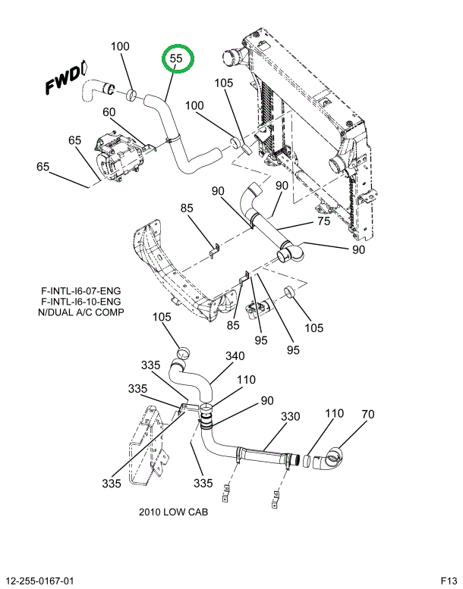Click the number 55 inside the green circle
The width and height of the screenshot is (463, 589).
pyautogui.click(x=177, y=58)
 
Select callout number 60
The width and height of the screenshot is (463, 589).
pyautogui.click(x=109, y=112)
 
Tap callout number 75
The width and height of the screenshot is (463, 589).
pyautogui.click(x=323, y=221)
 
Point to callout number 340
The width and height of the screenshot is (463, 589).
pyautogui.click(x=235, y=356)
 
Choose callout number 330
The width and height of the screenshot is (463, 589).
pyautogui.click(x=291, y=416)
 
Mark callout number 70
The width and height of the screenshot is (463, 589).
pyautogui.click(x=367, y=415)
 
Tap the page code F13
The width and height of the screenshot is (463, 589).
pyautogui.click(x=448, y=581)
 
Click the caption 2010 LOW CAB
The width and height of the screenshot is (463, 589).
pyautogui.click(x=173, y=512)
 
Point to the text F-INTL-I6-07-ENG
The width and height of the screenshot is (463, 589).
pyautogui.click(x=80, y=290)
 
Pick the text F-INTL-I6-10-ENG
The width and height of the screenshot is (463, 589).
pyautogui.click(x=80, y=301)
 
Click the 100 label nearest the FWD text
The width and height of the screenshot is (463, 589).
pyautogui.click(x=120, y=47)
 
